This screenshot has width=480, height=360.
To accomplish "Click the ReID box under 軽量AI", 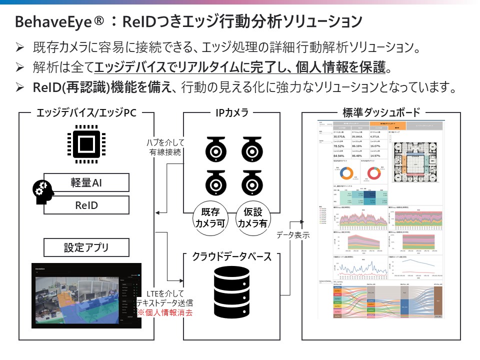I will pyautogui.click(x=86, y=204).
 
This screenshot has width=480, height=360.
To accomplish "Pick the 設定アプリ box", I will pyautogui.click(x=86, y=247).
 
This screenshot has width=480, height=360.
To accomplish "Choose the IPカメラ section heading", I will pyautogui.click(x=231, y=113).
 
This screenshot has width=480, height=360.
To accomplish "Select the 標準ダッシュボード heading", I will pyautogui.click(x=381, y=113).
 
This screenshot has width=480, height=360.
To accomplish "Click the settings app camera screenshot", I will pyautogui.click(x=85, y=295).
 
